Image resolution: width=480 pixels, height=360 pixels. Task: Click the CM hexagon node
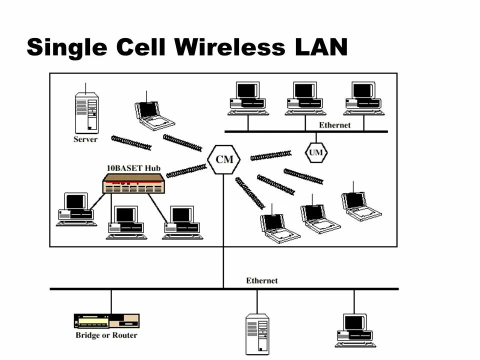pos(223,159)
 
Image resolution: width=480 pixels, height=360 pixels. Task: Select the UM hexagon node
pos(316,152)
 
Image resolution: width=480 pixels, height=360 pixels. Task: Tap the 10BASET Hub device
pos(133,184)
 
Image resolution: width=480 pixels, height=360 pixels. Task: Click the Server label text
pos(85,139)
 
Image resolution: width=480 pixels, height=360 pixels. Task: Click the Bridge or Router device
pos(106,320)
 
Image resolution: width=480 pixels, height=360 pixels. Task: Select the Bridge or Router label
pos(106,335)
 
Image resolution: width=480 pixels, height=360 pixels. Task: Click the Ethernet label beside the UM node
pos(334,125)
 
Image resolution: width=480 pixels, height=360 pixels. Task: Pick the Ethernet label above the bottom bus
pos(261,280)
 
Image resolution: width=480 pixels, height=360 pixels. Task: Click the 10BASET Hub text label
pos(133,168)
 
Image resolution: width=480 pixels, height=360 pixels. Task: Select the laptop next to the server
pos(153,115)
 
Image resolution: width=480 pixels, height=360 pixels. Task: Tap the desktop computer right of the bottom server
pos(355,330)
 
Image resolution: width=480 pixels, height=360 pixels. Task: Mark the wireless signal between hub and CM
pos(186,170)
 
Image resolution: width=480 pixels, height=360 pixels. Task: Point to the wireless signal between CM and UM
pos(270,155)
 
